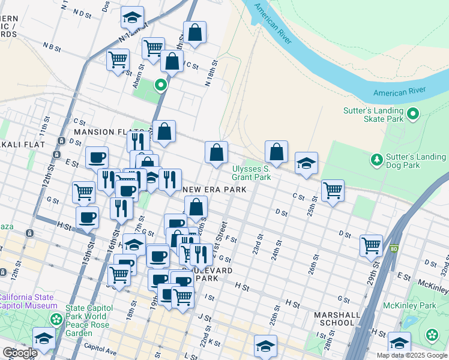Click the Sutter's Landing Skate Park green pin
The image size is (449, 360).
click(x=413, y=113)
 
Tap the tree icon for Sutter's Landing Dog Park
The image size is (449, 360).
click(x=376, y=160)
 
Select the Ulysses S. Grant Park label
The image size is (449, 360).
click(x=252, y=173)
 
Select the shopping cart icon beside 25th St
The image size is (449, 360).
click(x=333, y=191)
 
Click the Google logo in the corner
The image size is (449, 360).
click(x=20, y=353)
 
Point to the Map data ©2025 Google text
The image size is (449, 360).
click(x=411, y=355)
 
